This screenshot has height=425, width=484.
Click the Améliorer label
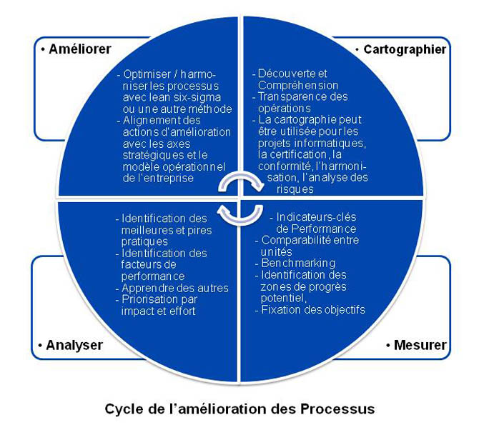tap(79, 50)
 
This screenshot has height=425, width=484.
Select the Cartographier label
tap(405, 49)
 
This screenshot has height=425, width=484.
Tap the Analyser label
tap(74, 345)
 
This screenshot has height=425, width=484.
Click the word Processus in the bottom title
tap(335, 409)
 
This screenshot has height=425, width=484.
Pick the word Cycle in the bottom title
tap(125, 409)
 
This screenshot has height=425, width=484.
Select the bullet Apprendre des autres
tap(175, 288)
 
